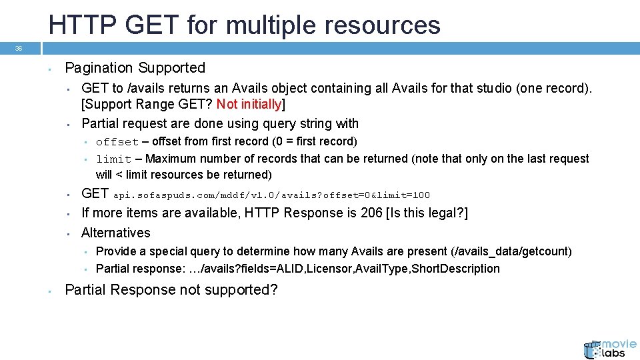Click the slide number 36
click(x=19, y=48)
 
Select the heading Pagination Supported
click(x=135, y=68)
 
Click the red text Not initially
click(x=249, y=104)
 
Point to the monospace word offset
click(x=117, y=142)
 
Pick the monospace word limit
click(x=114, y=159)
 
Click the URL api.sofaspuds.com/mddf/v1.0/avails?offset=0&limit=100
click(x=271, y=195)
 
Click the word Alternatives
click(x=116, y=233)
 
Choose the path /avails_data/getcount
click(x=511, y=251)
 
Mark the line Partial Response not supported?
click(x=171, y=290)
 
